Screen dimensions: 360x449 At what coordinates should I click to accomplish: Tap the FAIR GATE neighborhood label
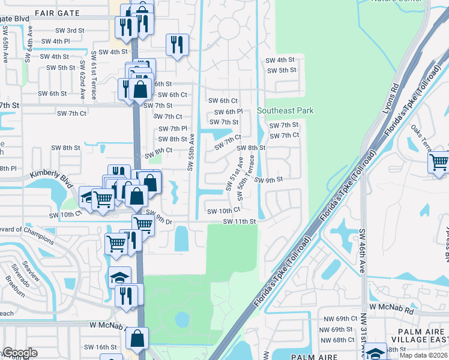[57, 12]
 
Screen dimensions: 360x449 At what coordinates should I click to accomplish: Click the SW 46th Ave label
[363, 251]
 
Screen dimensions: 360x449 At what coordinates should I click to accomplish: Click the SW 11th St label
[240, 221]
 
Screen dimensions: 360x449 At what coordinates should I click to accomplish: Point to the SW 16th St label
[100, 347]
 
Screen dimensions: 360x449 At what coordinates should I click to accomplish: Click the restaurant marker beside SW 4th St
[177, 44]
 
